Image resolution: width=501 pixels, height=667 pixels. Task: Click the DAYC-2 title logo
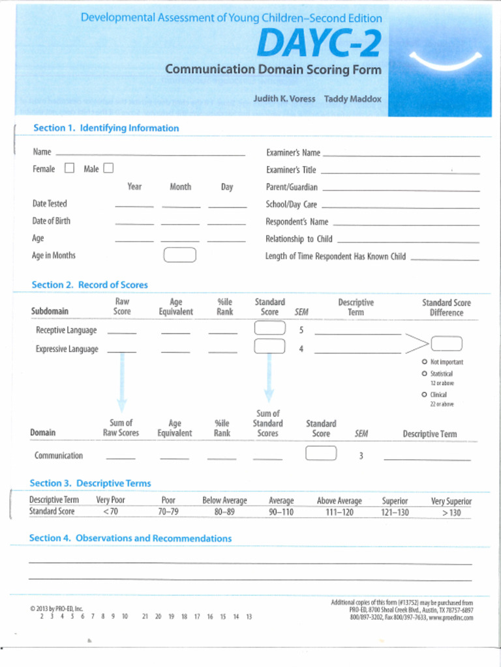[x=318, y=44]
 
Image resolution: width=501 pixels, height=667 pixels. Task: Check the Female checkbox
[x=69, y=169]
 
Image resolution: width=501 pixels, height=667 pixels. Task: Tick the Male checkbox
[x=108, y=169]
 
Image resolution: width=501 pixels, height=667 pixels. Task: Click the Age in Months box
[x=179, y=255]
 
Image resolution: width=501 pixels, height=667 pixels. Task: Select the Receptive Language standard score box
[x=269, y=328]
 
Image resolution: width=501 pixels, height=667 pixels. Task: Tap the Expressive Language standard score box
[x=269, y=347]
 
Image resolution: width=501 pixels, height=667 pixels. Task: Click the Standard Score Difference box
[x=446, y=343]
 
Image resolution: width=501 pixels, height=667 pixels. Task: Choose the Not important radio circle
[x=424, y=362]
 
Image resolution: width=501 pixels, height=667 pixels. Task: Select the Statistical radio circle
[x=424, y=374]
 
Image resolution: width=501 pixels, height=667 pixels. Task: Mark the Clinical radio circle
[x=424, y=395]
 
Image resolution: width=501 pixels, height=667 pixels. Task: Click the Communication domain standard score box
[x=321, y=453]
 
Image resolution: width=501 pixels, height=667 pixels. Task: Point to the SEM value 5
[x=301, y=330]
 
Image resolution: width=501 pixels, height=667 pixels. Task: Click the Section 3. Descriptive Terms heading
[x=90, y=483]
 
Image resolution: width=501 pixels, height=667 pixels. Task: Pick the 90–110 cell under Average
[x=281, y=512]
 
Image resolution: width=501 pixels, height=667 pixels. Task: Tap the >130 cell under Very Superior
[x=451, y=513]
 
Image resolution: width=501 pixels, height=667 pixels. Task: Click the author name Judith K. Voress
[x=284, y=99]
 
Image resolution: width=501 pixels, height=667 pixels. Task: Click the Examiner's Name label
[x=293, y=152]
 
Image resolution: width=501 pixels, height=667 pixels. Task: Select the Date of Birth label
[x=52, y=221]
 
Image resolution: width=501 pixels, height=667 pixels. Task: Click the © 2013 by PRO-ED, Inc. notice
[x=57, y=608]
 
